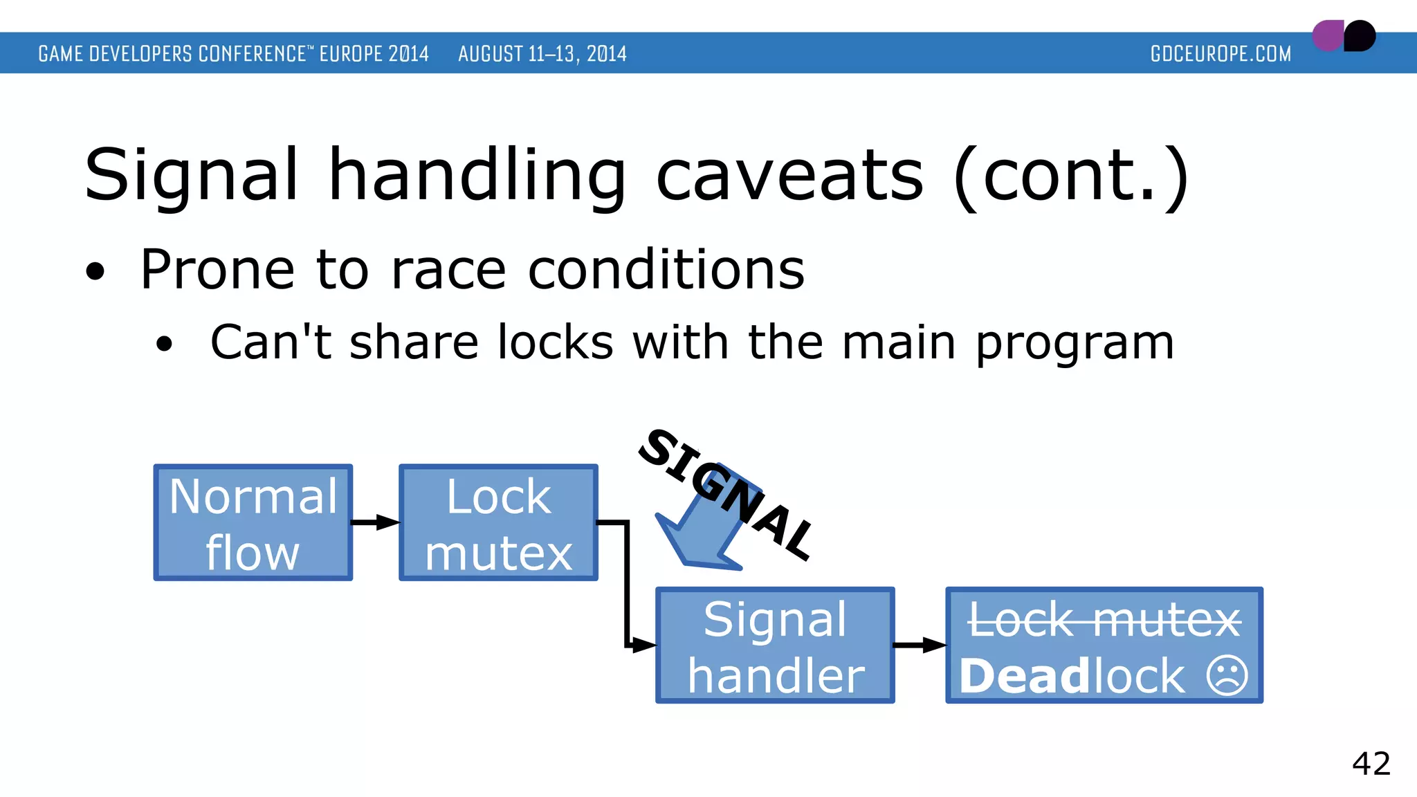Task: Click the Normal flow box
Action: pyautogui.click(x=253, y=522)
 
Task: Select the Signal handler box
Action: pyautogui.click(x=775, y=645)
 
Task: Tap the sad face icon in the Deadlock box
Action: pyautogui.click(x=1227, y=675)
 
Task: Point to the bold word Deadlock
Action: pyautogui.click(x=1072, y=676)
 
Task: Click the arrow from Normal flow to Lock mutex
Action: pyautogui.click(x=376, y=522)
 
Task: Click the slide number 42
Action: pyautogui.click(x=1371, y=764)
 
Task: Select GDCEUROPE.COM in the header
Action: pyautogui.click(x=1221, y=54)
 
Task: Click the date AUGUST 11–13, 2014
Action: pyautogui.click(x=542, y=54)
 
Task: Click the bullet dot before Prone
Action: pyautogui.click(x=95, y=272)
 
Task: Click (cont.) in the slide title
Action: pyautogui.click(x=1070, y=177)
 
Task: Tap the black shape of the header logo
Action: pyautogui.click(x=1360, y=36)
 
